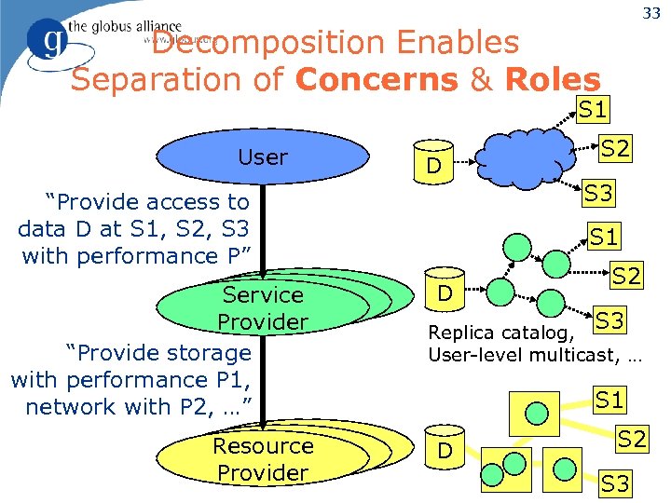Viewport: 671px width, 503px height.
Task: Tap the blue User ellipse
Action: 263,157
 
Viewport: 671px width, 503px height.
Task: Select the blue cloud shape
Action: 526,156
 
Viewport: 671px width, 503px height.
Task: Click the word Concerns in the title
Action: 377,79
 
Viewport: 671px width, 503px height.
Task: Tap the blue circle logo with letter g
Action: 44,41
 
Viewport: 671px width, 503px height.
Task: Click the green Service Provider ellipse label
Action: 263,308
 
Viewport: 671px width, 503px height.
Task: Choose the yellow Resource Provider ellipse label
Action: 263,459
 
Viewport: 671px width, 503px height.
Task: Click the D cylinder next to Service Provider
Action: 446,293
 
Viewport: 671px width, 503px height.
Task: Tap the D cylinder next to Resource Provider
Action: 446,453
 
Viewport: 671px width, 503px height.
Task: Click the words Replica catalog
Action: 494,333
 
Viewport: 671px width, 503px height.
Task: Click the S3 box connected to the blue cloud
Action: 599,194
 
